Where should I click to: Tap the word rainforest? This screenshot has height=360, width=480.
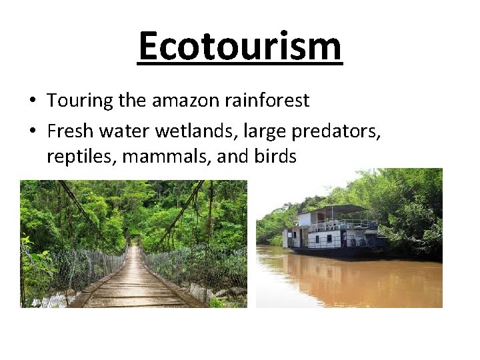click(x=267, y=101)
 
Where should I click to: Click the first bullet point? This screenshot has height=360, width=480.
click(x=32, y=101)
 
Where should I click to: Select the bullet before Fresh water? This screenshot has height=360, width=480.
click(x=32, y=131)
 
